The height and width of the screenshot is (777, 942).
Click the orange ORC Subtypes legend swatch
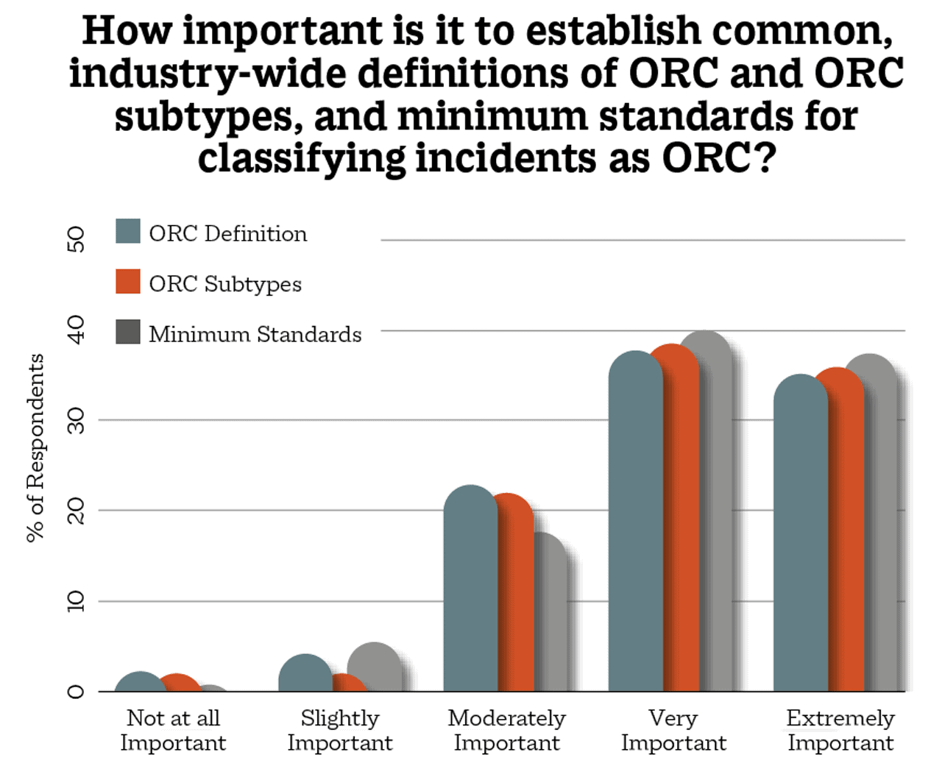click(x=128, y=282)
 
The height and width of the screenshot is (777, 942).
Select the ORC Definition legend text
click(x=227, y=234)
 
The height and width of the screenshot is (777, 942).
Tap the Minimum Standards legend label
click(x=255, y=334)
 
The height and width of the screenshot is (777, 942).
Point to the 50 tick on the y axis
click(x=76, y=240)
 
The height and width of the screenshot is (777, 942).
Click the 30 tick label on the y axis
click(x=76, y=421)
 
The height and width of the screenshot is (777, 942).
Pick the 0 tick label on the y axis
click(x=76, y=692)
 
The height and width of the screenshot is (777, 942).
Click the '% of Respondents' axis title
click(x=35, y=448)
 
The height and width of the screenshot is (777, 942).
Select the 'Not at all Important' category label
click(x=173, y=730)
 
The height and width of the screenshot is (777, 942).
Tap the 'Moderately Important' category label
click(x=506, y=730)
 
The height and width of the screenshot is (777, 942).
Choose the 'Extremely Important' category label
click(x=840, y=730)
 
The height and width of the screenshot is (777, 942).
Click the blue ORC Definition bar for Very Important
click(x=634, y=522)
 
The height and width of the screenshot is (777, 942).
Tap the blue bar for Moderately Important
click(x=470, y=589)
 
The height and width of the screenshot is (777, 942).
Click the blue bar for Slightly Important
click(x=305, y=674)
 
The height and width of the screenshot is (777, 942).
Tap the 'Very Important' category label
click(x=673, y=730)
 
